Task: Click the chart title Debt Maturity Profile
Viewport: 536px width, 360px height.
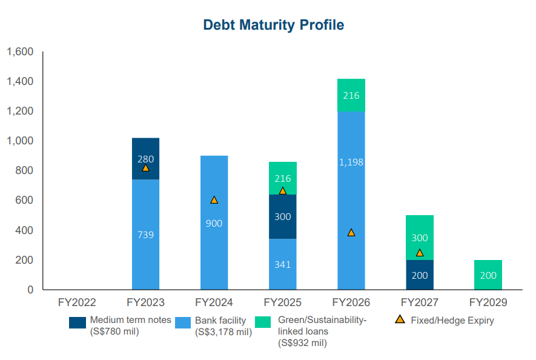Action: click(x=273, y=25)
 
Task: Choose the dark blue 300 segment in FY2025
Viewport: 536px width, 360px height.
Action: click(x=283, y=216)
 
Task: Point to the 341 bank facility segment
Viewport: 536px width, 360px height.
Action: click(x=283, y=264)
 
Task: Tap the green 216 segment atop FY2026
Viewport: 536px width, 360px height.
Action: click(x=351, y=95)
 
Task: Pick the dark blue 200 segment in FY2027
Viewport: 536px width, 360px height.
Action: click(x=420, y=275)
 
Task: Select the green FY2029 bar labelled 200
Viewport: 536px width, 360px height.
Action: click(x=488, y=275)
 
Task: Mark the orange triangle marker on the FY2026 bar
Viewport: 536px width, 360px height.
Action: click(x=351, y=233)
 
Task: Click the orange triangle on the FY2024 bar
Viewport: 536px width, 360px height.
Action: click(x=214, y=200)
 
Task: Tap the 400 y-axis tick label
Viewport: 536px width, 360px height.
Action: click(x=24, y=230)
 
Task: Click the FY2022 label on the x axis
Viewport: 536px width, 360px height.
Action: click(x=77, y=302)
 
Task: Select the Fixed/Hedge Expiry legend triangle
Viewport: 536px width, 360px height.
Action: click(x=400, y=320)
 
